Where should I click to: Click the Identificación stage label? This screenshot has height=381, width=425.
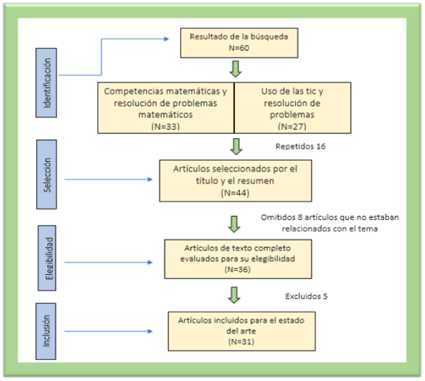[x=47, y=83]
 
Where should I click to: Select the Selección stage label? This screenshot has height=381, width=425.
[x=47, y=175]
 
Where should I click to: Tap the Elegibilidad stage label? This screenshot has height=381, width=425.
[x=47, y=258]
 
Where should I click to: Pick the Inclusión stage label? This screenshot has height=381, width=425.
[x=46, y=331]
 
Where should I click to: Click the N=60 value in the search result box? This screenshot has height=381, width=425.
[x=239, y=48]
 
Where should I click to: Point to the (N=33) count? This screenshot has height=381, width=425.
[x=165, y=126]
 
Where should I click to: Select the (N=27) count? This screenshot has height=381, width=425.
[x=292, y=126]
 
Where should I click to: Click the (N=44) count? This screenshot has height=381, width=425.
[x=235, y=193]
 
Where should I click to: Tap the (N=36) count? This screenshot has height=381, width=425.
[x=238, y=270]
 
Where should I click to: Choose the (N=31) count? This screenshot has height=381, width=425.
[x=241, y=341]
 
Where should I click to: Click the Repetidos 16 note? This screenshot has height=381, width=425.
[x=301, y=146]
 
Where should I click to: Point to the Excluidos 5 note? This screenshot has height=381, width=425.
[x=307, y=296]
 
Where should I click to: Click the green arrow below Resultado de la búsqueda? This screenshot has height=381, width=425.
[x=236, y=69]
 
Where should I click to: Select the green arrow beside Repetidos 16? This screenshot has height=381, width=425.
[x=236, y=147]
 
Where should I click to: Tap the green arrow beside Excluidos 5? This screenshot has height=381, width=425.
[x=234, y=295]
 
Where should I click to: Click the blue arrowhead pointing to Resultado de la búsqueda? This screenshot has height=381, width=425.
[x=166, y=39]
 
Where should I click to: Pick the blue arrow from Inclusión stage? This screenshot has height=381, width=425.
[x=109, y=331]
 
